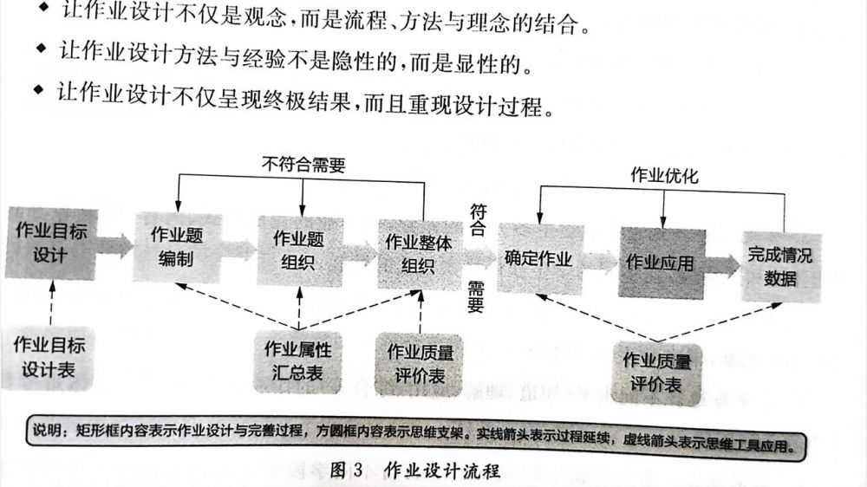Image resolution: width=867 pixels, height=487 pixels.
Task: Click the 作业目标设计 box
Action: pyautogui.click(x=51, y=243)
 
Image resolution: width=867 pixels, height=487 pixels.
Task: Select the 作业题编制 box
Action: pyautogui.click(x=176, y=246)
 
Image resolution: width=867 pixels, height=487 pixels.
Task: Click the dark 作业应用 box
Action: pyautogui.click(x=660, y=262)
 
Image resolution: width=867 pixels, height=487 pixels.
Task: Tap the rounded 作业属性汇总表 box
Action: pyautogui.click(x=298, y=362)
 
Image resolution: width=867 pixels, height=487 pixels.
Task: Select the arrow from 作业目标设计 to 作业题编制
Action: pyautogui.click(x=114, y=244)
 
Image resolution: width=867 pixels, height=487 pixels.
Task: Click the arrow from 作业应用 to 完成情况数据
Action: pyautogui.click(x=720, y=264)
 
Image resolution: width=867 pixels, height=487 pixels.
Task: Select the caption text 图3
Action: pyautogui.click(x=347, y=471)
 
